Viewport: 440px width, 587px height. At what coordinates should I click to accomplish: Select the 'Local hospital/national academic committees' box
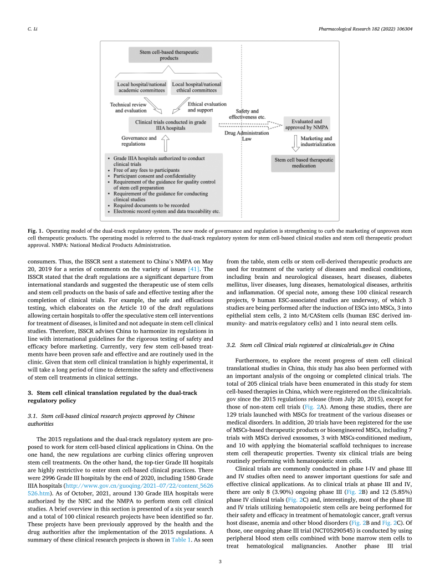pyautogui.click(x=141, y=88)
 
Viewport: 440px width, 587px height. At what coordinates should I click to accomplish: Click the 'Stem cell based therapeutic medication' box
pyautogui.click(x=303, y=163)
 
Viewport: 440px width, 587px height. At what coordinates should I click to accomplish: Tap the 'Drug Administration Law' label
pyautogui.click(x=247, y=136)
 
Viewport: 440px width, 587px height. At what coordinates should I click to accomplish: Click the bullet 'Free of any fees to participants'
pyautogui.click(x=146, y=169)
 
